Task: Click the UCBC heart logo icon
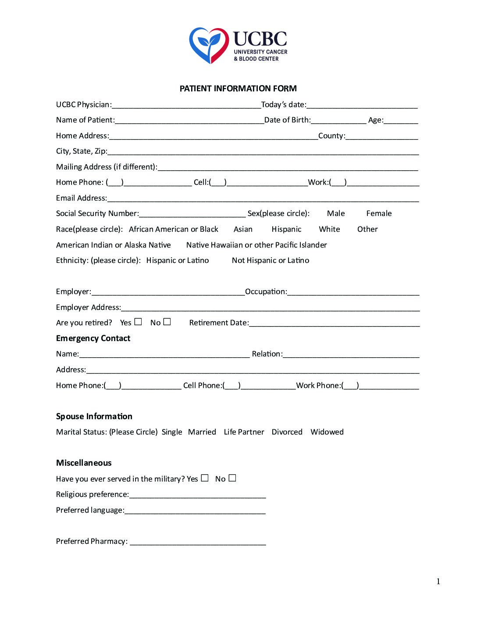209,45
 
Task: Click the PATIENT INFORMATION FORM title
238,89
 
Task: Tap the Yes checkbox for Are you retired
138,322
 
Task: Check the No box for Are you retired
167,322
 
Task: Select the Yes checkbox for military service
205,478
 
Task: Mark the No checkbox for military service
232,478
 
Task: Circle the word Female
379,214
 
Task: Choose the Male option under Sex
336,214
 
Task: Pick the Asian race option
243,229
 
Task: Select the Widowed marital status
327,432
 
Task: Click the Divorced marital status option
287,432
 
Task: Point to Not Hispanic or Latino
271,260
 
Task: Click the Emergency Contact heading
93,338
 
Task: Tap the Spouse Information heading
94,417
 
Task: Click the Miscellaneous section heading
84,463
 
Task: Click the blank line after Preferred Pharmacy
198,542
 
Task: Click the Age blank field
401,120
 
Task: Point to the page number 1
438,582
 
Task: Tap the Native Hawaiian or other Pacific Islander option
256,245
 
